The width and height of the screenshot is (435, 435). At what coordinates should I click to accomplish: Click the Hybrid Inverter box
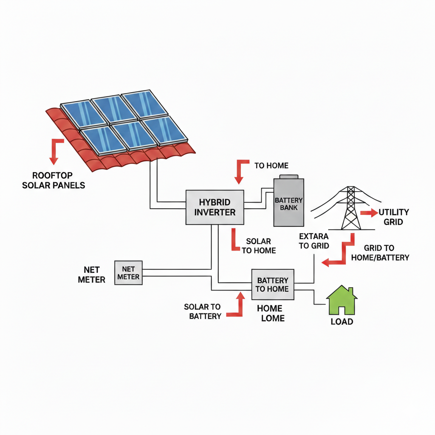(215, 207)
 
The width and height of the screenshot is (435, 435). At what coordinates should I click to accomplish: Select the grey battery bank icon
(289, 202)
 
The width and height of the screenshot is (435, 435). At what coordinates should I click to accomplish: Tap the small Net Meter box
(128, 273)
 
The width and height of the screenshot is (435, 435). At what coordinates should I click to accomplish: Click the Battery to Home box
(273, 285)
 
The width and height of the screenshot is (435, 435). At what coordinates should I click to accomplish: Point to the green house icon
(342, 299)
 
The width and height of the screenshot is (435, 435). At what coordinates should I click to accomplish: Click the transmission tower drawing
(350, 208)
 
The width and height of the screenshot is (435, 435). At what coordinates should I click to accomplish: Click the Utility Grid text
(393, 217)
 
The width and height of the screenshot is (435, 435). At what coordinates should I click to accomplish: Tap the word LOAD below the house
(342, 322)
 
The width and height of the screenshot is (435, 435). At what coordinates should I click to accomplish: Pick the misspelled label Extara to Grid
(314, 241)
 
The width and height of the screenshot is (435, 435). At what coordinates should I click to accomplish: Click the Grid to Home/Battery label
(386, 253)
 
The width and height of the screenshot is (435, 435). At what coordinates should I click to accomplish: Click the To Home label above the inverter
(271, 166)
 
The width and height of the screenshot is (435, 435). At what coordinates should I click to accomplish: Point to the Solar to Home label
(259, 246)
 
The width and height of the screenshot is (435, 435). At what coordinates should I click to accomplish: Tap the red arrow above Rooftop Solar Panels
(55, 151)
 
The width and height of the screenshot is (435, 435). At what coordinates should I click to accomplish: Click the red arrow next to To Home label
(241, 171)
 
